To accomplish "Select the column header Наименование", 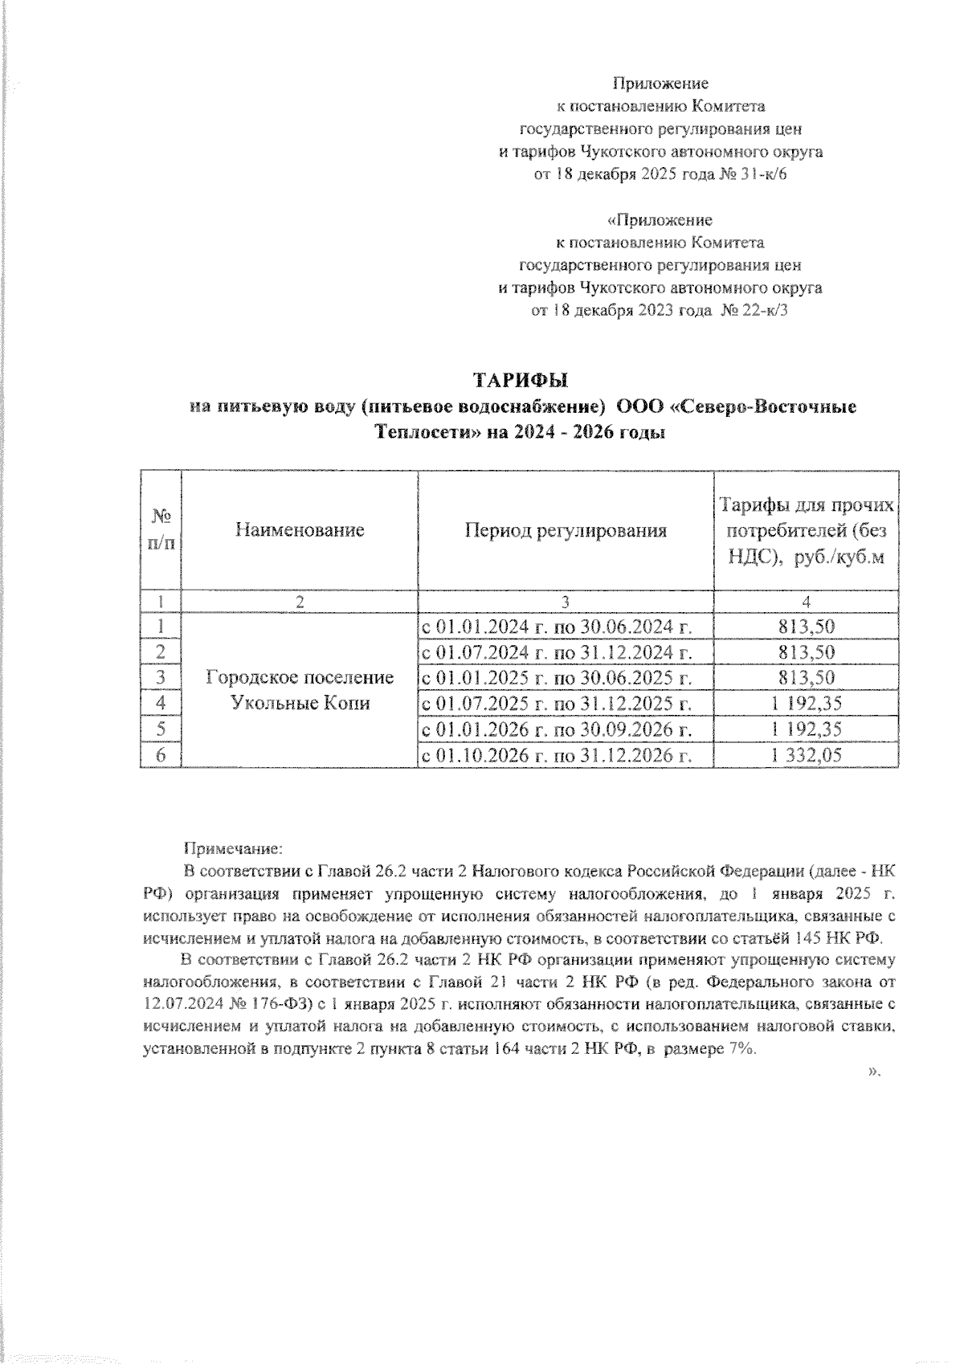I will pyautogui.click(x=300, y=530).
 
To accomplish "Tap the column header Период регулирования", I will pyautogui.click(x=566, y=530).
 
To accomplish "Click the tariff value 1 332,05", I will pyautogui.click(x=806, y=755).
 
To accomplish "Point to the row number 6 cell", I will pyautogui.click(x=161, y=755).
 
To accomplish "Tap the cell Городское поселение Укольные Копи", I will pyautogui.click(x=300, y=690).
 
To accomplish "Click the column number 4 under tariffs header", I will pyautogui.click(x=806, y=602).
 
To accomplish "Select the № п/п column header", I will pyautogui.click(x=161, y=530).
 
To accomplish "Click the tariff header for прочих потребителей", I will pyautogui.click(x=806, y=530).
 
